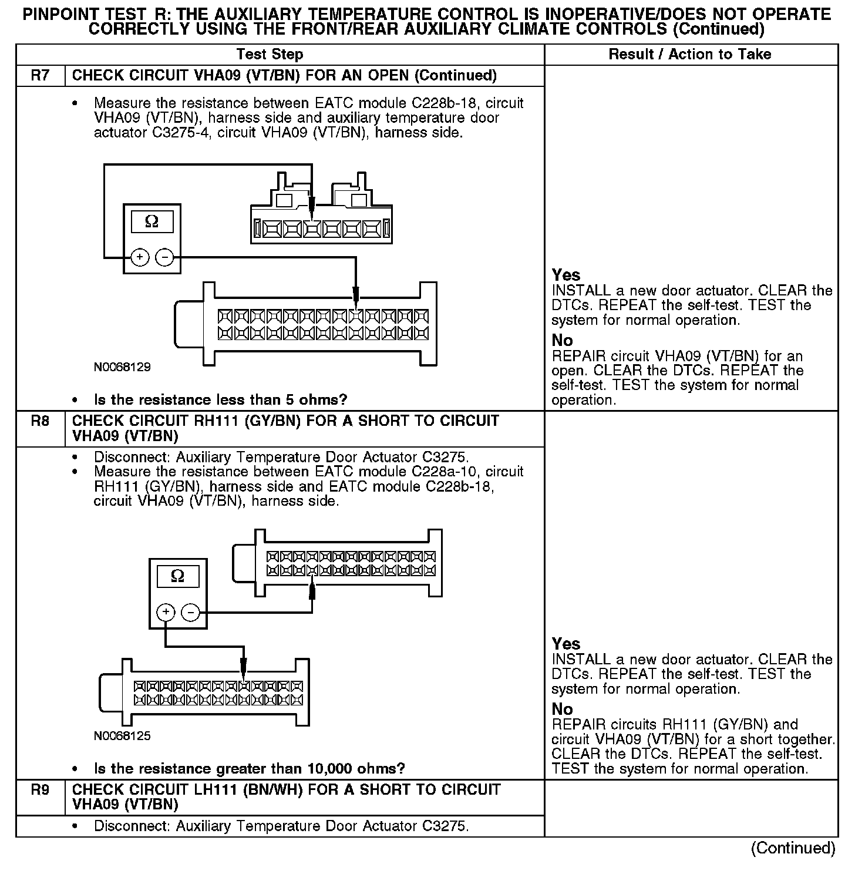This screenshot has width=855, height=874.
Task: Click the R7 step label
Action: (x=40, y=76)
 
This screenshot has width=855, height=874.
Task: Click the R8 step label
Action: (x=40, y=421)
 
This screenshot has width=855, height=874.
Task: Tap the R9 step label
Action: (x=40, y=790)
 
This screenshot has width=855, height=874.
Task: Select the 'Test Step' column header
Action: (x=270, y=55)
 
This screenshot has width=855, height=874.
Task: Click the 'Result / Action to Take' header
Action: (x=690, y=55)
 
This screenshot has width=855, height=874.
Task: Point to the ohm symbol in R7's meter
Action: (x=152, y=222)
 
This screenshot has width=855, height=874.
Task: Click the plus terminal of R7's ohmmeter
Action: (x=139, y=257)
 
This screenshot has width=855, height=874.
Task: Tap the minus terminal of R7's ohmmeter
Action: (x=164, y=257)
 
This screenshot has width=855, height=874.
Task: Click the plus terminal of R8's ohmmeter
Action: (x=166, y=613)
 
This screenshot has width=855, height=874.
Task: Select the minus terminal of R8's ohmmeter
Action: (x=191, y=613)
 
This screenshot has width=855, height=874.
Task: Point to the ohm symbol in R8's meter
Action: (x=177, y=577)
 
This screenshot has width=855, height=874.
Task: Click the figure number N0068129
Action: (x=122, y=367)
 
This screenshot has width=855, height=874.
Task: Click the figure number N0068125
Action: (x=122, y=736)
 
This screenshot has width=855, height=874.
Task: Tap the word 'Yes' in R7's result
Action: (x=566, y=275)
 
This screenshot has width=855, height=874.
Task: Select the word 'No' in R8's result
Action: (x=562, y=709)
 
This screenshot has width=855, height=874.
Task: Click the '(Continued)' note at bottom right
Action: (x=793, y=848)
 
